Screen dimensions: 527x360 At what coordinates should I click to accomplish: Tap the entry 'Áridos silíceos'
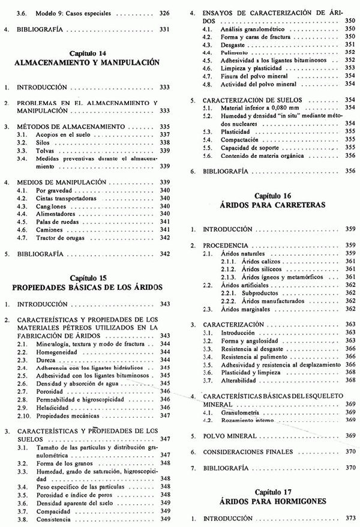[x=262, y=269]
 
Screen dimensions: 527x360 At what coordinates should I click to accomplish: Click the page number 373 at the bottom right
[x=352, y=517]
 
